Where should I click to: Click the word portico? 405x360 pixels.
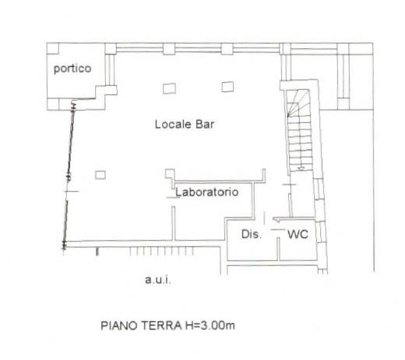coord(72,69)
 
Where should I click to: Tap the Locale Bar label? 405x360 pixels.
coord(185,124)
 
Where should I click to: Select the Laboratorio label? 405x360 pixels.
coord(207,192)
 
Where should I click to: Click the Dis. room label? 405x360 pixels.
coord(252,235)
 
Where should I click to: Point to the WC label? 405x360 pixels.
coord(298,235)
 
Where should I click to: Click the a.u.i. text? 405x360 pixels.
coord(158,280)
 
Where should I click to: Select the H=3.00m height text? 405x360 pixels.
coord(210,326)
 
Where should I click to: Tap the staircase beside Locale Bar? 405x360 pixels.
coord(299,130)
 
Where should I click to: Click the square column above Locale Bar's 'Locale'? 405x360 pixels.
coord(169,88)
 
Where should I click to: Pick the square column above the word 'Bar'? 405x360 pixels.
coord(227,86)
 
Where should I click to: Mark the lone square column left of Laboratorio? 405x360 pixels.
coord(100,175)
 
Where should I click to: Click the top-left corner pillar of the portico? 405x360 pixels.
coord(53,48)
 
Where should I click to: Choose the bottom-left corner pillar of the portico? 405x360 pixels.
coord(53,104)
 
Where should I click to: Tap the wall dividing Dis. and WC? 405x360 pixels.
coord(278,249)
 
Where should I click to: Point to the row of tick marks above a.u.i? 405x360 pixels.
coord(161,251)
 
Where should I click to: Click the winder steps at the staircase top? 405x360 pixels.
coord(298,102)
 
